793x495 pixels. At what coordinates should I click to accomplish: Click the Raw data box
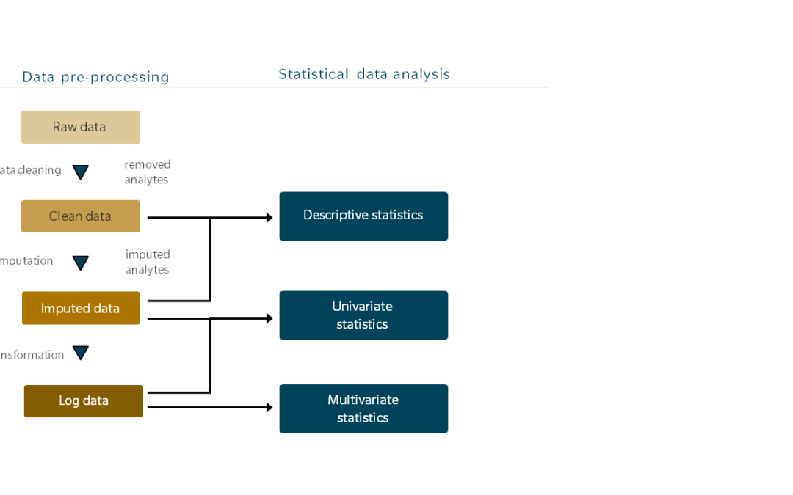(x=80, y=127)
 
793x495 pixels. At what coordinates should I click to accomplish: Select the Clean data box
(x=80, y=216)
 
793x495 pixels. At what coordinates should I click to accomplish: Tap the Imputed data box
(x=80, y=308)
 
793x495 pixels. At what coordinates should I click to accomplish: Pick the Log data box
(x=83, y=401)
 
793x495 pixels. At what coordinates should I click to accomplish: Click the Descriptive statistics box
(x=363, y=216)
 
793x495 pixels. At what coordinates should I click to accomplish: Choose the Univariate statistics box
(x=363, y=315)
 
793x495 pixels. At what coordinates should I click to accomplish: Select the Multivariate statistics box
(x=363, y=408)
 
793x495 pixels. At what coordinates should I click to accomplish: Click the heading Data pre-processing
(x=95, y=77)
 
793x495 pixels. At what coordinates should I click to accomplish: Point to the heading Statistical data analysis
(x=364, y=74)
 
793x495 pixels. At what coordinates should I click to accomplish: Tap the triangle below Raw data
(x=81, y=172)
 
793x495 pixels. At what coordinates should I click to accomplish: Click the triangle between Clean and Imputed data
(x=81, y=263)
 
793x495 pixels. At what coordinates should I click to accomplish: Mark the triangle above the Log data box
(x=81, y=353)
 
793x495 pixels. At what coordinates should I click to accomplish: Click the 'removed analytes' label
(x=147, y=172)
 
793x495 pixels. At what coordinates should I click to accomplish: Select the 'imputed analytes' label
(x=147, y=263)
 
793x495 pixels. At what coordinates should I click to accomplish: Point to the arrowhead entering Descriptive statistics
(x=269, y=218)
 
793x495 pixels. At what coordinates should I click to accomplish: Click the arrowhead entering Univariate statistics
(x=269, y=318)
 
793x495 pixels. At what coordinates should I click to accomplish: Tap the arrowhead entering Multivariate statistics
(x=269, y=407)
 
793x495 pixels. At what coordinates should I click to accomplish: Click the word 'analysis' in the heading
(x=420, y=74)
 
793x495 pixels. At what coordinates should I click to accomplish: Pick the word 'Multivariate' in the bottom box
(x=363, y=400)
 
